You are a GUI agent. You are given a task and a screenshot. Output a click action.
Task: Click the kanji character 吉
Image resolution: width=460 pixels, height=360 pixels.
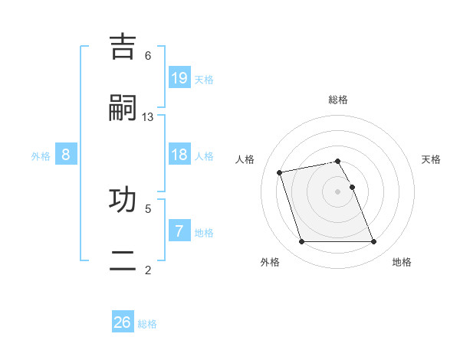tap(124, 47)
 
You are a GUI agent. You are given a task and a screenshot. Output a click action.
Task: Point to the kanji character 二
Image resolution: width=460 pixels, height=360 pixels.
tap(124, 260)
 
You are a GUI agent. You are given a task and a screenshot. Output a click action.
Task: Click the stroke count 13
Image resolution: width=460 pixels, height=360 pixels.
tap(148, 116)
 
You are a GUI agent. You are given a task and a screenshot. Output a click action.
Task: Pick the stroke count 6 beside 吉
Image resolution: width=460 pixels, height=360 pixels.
tap(148, 55)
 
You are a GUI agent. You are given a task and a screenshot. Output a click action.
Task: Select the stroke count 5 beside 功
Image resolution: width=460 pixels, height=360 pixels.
tap(148, 208)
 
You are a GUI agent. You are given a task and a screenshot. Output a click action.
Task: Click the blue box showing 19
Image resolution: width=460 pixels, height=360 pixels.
tap(179, 77)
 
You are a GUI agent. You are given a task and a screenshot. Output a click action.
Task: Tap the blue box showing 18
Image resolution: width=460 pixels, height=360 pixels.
tap(179, 155)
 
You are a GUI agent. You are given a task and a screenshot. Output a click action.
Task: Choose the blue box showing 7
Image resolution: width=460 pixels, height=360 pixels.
tap(179, 231)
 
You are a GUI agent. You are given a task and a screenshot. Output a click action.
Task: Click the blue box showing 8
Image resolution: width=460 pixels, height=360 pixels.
tap(66, 155)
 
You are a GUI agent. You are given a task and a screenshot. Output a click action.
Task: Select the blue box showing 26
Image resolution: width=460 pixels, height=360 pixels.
tap(123, 322)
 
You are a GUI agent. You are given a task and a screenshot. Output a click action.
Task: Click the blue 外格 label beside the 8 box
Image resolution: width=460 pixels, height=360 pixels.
tap(41, 156)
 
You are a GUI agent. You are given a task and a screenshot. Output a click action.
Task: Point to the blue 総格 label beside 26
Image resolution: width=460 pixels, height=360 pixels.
tap(147, 324)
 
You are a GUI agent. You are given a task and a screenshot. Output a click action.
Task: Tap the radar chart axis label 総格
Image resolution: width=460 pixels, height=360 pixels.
tap(338, 100)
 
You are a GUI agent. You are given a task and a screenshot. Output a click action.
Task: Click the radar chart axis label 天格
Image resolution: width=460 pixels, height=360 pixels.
tap(431, 159)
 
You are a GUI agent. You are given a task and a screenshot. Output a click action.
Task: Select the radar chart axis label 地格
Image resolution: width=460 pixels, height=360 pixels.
tap(402, 262)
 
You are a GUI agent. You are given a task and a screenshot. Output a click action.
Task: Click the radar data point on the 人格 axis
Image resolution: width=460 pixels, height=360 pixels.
tap(280, 172)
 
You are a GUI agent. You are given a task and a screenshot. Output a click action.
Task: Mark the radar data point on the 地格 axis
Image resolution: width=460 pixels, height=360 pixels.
tap(373, 242)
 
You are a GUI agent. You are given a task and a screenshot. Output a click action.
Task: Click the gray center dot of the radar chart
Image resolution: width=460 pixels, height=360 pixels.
tap(338, 191)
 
